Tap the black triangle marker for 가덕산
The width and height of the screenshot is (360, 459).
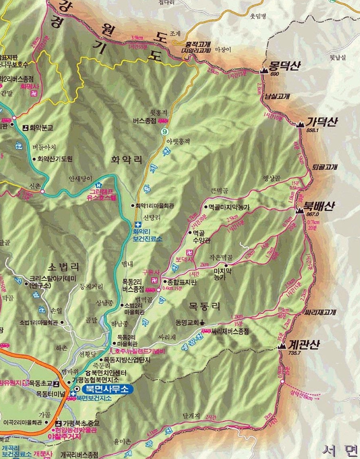click(301, 124)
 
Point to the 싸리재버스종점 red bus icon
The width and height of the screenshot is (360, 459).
click(205, 331)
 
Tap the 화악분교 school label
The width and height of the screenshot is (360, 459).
click(42, 126)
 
